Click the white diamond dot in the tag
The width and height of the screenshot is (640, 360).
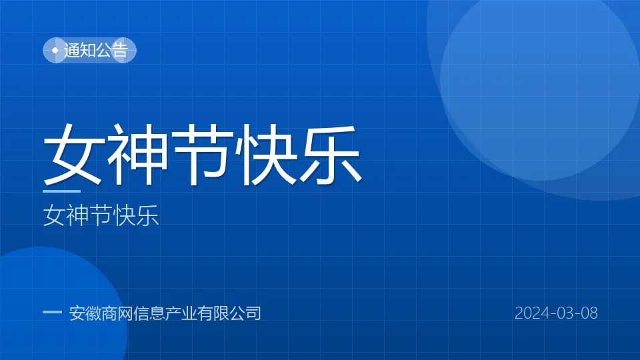click(55, 50)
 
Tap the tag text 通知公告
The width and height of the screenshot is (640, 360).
click(96, 50)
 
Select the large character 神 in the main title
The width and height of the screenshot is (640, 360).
click(139, 155)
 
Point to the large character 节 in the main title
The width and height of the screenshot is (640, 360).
click(203, 155)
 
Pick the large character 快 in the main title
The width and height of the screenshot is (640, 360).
click(267, 155)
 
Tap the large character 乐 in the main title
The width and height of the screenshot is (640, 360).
click(331, 155)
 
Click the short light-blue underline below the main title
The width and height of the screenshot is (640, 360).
click(61, 191)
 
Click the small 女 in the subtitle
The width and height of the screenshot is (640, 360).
click(54, 215)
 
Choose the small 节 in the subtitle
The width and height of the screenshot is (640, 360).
click(101, 215)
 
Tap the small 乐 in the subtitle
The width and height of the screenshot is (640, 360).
click(147, 215)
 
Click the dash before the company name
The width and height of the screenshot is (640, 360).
click(52, 312)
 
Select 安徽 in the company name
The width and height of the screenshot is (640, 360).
click(85, 313)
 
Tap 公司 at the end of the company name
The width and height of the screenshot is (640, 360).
click(245, 313)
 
